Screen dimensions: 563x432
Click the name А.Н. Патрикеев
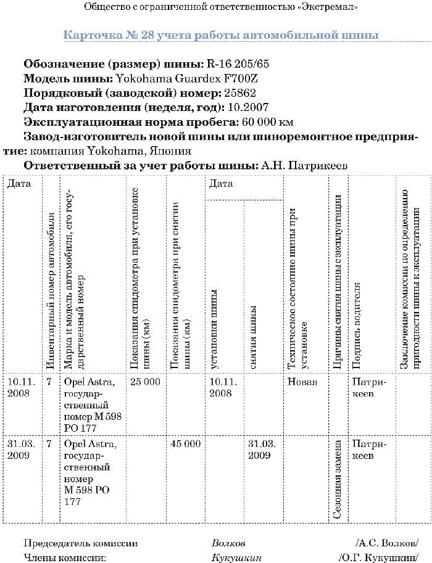(305, 165)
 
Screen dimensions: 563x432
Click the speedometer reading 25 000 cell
(145, 382)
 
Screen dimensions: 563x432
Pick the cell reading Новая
(302, 382)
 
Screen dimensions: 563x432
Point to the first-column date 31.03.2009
(21, 449)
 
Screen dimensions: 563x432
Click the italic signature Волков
(228, 543)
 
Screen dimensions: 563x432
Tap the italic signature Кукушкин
(236, 557)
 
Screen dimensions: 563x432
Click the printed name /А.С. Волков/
(387, 543)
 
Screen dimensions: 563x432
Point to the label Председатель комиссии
(80, 543)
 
